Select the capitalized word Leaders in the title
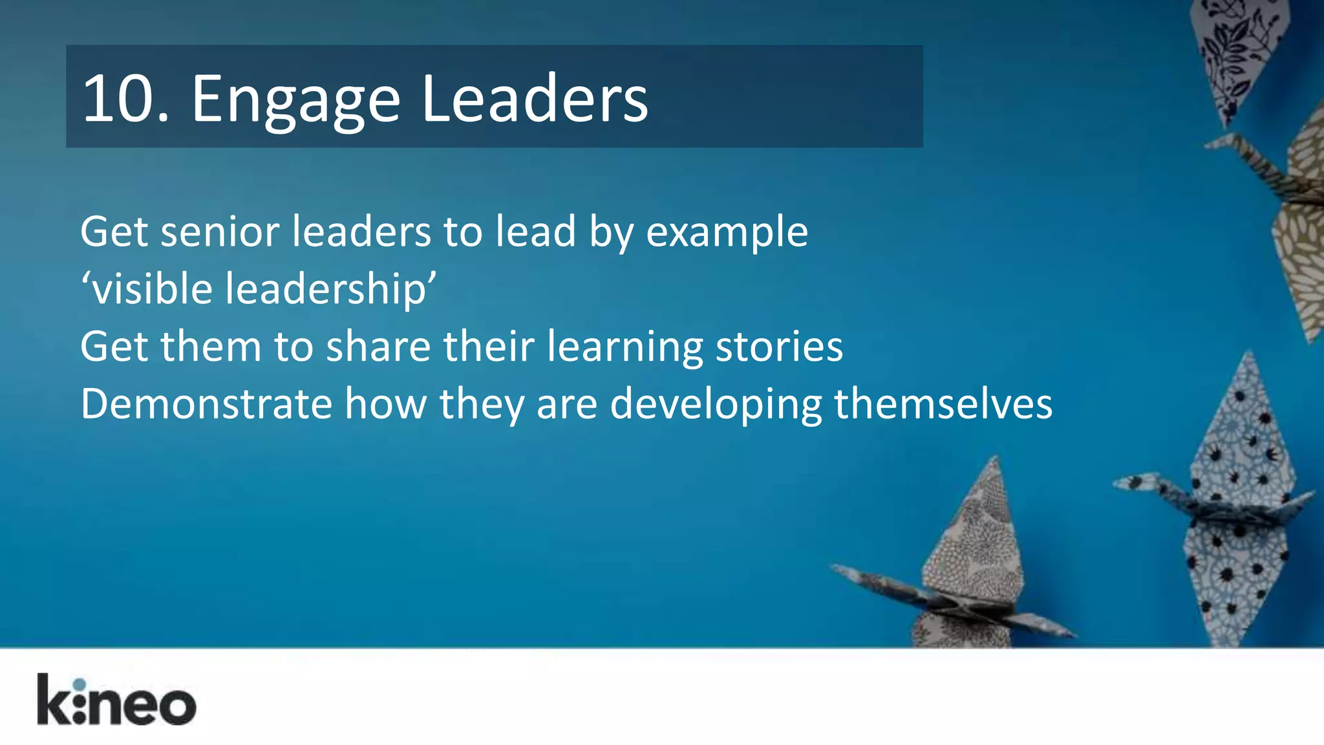click(x=534, y=99)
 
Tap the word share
click(x=378, y=346)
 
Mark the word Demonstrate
click(x=206, y=404)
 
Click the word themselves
click(x=943, y=404)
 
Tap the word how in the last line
click(x=385, y=404)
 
